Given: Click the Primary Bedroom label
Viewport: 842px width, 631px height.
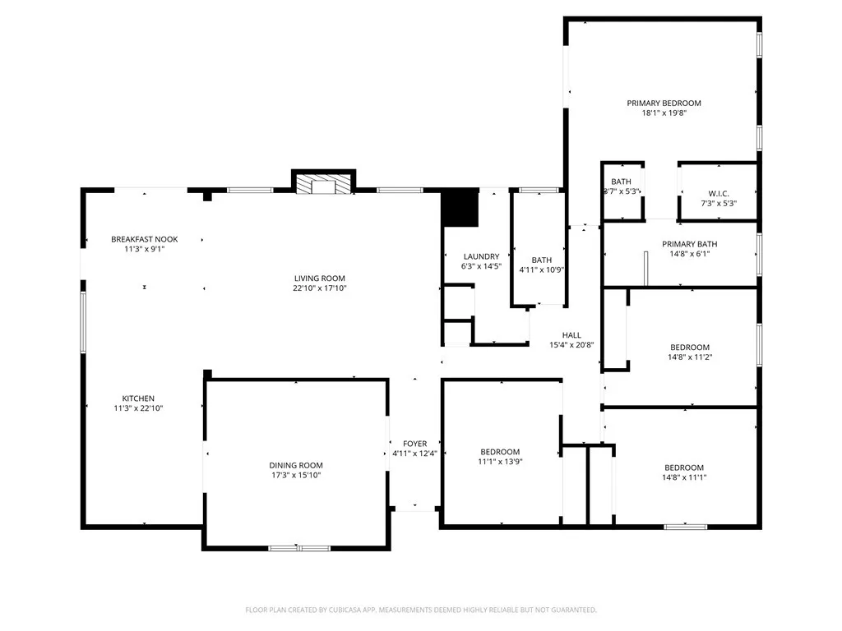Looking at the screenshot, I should [664, 103].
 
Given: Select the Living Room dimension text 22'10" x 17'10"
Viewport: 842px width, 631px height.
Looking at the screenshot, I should [320, 288].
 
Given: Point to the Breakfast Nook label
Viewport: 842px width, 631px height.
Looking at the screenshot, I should [145, 239].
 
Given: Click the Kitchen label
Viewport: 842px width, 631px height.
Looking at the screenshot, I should [138, 398].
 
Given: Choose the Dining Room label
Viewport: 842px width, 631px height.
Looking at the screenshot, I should [295, 464].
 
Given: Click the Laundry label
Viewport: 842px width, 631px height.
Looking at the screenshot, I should [481, 256].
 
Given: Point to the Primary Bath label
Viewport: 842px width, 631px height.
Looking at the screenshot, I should [689, 244].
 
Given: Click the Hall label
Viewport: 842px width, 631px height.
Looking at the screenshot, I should [571, 335].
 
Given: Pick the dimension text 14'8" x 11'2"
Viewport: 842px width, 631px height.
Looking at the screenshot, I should [689, 357].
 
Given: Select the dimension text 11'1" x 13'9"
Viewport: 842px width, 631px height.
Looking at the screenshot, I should [500, 462].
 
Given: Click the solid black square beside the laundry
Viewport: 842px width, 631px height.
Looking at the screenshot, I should [460, 209].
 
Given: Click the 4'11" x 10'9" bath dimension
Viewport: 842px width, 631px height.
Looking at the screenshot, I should [542, 269].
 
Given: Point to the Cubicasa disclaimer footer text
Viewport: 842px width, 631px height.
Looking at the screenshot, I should [420, 610].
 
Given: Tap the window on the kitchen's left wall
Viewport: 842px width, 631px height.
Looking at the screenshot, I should [82, 322].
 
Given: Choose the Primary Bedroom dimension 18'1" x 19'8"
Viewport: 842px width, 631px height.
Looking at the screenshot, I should [664, 113].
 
